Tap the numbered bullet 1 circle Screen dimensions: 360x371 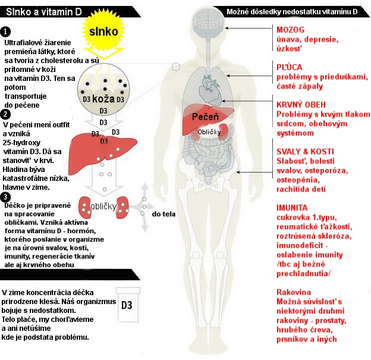pos(5,32)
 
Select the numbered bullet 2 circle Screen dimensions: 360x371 pos(5,114)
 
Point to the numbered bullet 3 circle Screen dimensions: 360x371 pos(5,197)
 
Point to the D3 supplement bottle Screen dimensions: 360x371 pos(127,305)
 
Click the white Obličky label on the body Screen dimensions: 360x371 pos(210,132)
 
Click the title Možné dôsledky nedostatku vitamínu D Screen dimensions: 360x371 pos(297,12)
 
